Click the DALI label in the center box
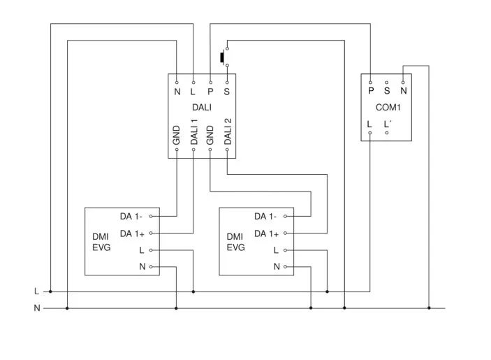[x=202, y=108]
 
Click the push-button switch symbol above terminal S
[x=224, y=56]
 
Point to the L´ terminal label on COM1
[x=387, y=124]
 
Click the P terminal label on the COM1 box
[x=370, y=90]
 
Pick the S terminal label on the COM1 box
[x=387, y=90]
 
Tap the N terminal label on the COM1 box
[x=404, y=90]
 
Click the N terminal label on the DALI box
[x=177, y=92]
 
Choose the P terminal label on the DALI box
[x=210, y=92]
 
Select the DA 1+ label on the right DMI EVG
[x=266, y=233]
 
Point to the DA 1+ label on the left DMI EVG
[x=132, y=233]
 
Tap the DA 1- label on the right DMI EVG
[x=265, y=217]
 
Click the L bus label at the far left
[x=36, y=291]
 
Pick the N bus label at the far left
[x=36, y=308]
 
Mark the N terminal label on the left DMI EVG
[x=142, y=266]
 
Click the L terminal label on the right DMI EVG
[x=276, y=250]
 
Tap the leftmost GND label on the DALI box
[x=177, y=135]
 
